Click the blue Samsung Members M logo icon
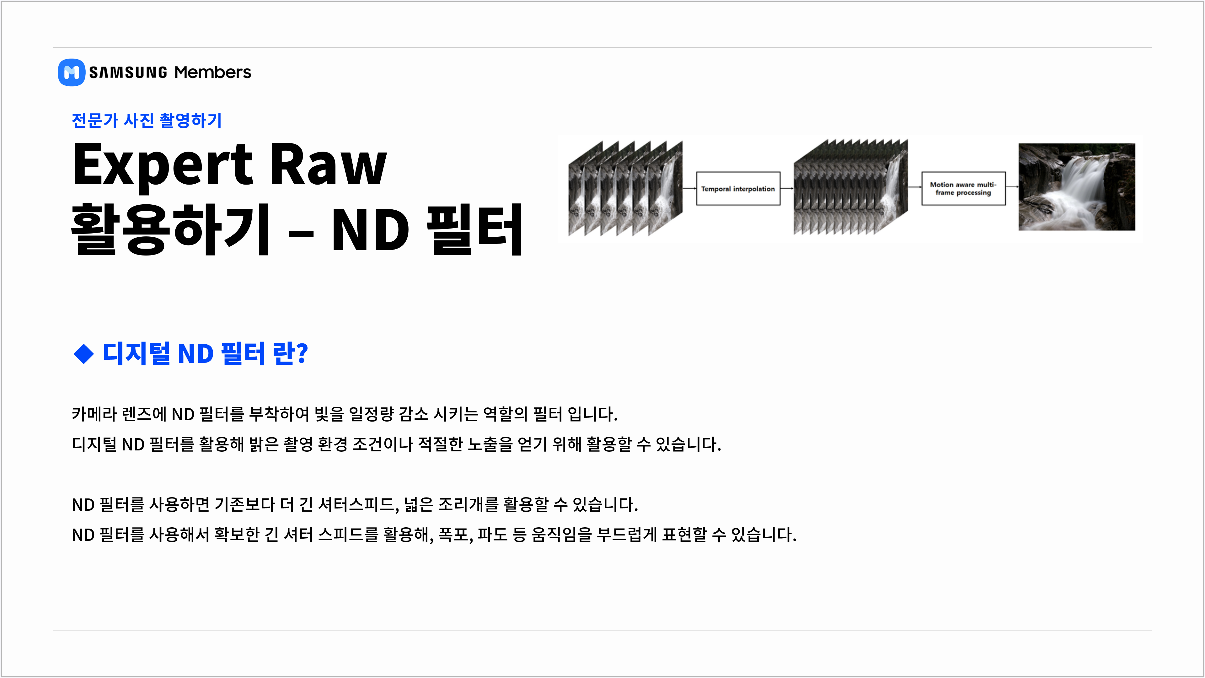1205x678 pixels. coord(71,73)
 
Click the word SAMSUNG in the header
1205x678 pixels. coord(128,73)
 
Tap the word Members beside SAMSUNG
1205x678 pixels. coord(212,73)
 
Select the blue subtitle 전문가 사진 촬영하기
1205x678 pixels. coord(147,120)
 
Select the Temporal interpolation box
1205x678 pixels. coord(738,189)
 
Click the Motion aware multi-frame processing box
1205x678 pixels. coord(963,189)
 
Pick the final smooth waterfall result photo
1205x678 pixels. coord(1077,187)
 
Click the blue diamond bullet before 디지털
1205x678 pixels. coord(84,354)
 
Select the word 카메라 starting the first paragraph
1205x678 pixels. coord(94,414)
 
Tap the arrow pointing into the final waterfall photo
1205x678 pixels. coord(1012,187)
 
